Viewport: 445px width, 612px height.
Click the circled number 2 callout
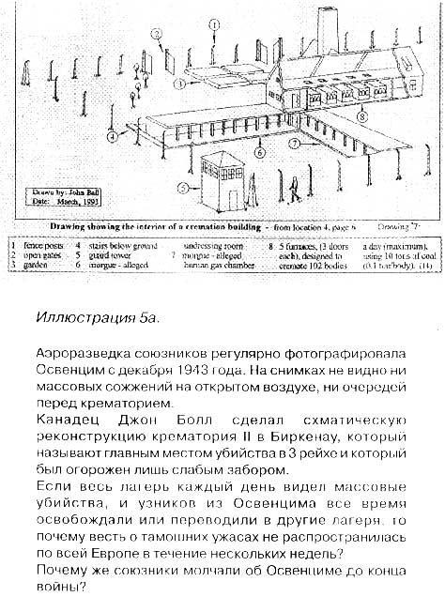point(158,34)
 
